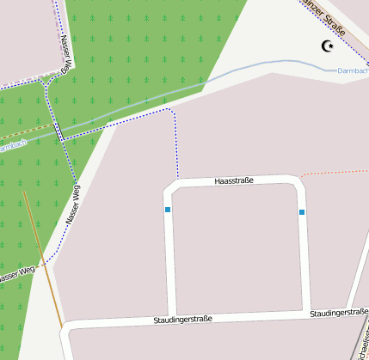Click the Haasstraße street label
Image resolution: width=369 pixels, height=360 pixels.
click(234, 180)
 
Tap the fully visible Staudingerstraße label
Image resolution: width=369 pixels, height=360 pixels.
click(182, 319)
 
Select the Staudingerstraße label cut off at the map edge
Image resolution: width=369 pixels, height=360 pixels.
click(340, 313)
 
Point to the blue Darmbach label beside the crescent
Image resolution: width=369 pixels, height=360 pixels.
click(352, 70)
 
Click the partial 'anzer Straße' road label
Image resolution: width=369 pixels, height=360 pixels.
click(324, 17)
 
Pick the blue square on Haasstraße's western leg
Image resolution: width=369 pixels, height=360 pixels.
click(168, 210)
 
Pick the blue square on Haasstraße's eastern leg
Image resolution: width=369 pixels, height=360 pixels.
click(302, 211)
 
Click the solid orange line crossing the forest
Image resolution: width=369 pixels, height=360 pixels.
click(43, 258)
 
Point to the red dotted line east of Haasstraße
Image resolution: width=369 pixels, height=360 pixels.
click(335, 172)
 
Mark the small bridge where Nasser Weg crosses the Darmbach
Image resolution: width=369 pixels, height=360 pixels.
click(59, 131)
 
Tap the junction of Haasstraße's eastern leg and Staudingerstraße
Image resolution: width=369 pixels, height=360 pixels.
click(307, 314)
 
